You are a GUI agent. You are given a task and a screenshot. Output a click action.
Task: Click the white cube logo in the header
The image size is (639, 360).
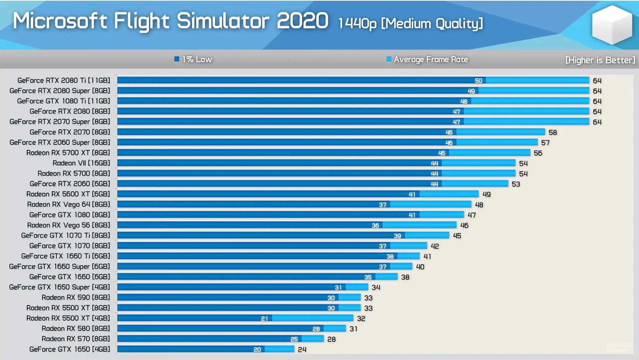coord(612,25)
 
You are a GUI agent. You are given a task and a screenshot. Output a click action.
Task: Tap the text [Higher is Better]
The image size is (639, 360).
coord(600,60)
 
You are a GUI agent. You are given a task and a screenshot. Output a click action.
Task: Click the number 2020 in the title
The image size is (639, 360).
coord(302,21)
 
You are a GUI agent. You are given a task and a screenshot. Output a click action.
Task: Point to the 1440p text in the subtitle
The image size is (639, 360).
coord(357,23)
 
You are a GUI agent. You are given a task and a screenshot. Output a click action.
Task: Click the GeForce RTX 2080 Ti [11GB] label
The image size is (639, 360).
coord(64,80)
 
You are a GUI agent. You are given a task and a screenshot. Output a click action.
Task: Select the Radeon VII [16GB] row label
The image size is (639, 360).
coord(81,163)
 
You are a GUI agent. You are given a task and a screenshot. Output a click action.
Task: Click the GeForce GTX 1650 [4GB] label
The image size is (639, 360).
coord(70,349)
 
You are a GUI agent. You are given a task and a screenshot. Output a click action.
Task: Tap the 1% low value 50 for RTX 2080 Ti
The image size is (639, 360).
coord(478,81)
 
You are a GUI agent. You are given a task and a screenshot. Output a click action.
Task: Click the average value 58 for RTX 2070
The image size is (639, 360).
coord(553,132)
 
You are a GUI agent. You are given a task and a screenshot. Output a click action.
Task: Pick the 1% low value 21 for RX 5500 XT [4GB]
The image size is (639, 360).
coord(264,319)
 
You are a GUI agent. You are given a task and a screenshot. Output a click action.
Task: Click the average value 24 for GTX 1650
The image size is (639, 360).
coord(302,349)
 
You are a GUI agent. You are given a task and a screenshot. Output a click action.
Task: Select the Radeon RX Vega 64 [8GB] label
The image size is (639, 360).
coord(69,204)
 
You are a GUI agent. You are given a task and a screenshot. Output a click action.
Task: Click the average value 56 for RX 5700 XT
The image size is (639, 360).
coord(538,153)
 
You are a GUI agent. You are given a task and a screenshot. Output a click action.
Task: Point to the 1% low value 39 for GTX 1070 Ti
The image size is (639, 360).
coord(397,236)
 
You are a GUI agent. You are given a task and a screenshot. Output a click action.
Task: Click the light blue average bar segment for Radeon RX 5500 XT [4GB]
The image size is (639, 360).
coord(312,318)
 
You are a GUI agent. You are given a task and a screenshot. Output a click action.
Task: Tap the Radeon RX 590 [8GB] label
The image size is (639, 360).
coord(76,298)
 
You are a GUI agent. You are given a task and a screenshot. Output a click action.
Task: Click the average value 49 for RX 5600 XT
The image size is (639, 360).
coord(486,194)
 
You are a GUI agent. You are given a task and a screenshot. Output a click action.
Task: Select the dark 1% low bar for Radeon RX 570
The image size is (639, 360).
coord(205,339)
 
